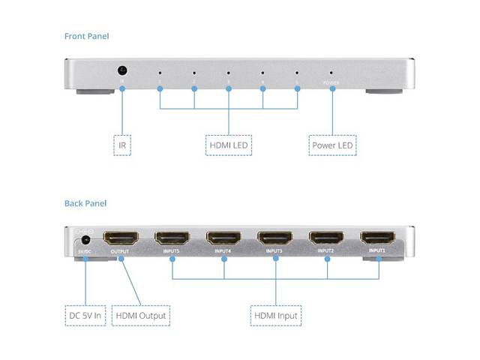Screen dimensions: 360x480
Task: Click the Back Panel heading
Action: coord(86,203)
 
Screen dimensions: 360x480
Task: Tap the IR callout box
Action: coord(122,144)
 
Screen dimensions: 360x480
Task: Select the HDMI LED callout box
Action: coord(228,144)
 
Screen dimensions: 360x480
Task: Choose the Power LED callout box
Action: coord(332,144)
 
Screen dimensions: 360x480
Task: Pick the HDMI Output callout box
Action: coord(141,316)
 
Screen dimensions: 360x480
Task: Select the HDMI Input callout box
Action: coord(275,316)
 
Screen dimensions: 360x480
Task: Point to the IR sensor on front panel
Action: coord(121,71)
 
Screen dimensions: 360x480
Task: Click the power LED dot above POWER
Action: coord(331,73)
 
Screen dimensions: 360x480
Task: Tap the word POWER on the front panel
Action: coord(331,82)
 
